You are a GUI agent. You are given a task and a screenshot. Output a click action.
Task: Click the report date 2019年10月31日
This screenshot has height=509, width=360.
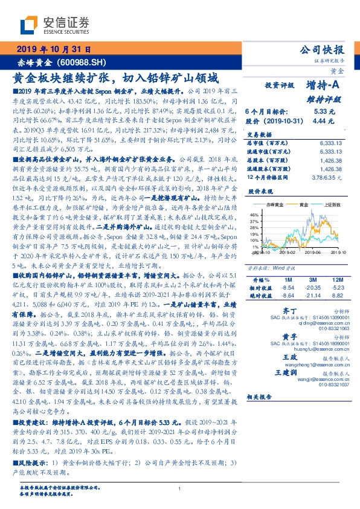pyautogui.click(x=53, y=49)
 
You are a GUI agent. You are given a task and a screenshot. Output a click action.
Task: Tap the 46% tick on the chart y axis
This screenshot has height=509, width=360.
pyautogui.click(x=255, y=215)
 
